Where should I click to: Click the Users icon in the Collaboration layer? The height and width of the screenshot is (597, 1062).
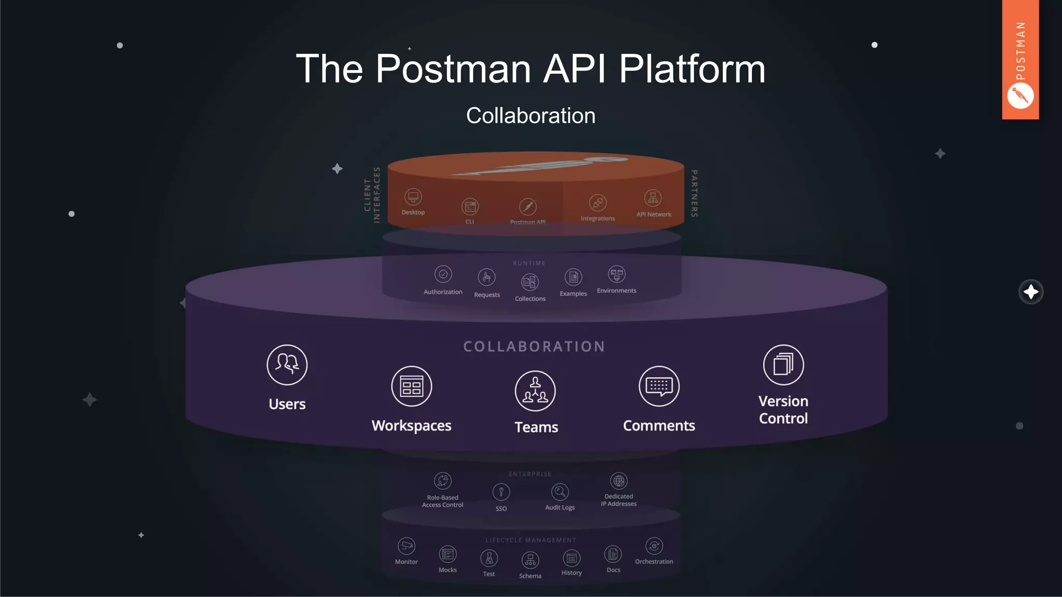[x=287, y=365]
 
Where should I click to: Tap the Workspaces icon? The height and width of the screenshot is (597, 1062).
[x=411, y=386]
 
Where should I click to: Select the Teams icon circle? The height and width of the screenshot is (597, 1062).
[x=535, y=391]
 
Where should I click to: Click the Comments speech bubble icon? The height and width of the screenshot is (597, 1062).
[x=659, y=386]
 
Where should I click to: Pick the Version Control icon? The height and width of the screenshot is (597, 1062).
[x=783, y=365]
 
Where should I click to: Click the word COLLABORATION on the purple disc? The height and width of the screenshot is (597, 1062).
[x=534, y=347]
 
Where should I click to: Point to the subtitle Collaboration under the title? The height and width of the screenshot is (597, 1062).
[x=530, y=116]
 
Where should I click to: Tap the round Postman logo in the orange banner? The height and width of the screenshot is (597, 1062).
[x=1020, y=96]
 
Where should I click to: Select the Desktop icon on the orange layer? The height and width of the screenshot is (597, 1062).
[x=413, y=197]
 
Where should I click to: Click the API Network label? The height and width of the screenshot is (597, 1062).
[x=653, y=215]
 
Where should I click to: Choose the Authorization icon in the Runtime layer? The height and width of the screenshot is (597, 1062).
[x=443, y=274]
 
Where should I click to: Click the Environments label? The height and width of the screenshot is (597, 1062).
[x=616, y=291]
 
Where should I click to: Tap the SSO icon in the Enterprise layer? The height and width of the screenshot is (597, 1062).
[x=501, y=492]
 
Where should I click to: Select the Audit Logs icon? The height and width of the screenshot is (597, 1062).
[x=560, y=492]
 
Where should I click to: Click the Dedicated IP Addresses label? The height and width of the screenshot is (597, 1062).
[x=619, y=500]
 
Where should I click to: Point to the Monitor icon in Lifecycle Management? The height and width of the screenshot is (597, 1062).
[x=406, y=546]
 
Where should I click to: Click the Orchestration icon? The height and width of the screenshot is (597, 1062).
[x=654, y=546]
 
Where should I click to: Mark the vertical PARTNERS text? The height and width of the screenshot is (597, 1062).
[x=694, y=193]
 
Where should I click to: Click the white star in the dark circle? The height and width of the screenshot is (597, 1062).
[x=1030, y=292]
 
